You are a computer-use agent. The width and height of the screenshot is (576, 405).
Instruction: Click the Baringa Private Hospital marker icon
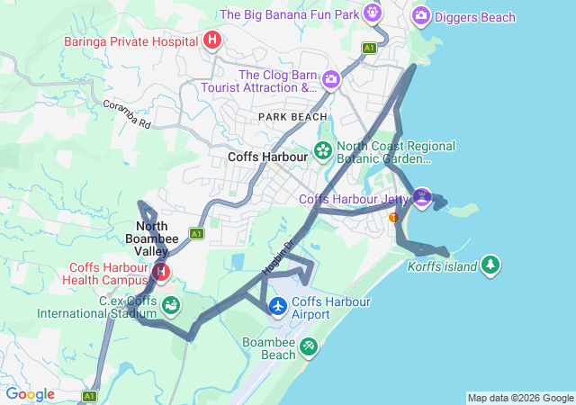[212, 40]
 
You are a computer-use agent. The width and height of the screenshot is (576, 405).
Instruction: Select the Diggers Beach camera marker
[420, 15]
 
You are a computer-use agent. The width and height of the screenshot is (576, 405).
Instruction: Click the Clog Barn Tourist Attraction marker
[330, 80]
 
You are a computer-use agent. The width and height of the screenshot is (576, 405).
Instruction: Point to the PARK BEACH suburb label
[292, 117]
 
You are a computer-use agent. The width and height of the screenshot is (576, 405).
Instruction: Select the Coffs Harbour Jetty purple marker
[423, 196]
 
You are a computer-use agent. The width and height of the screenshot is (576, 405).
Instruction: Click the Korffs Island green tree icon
[490, 265]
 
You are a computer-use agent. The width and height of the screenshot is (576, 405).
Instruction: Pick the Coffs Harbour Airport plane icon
[278, 308]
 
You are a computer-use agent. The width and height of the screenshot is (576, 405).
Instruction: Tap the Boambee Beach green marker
[309, 346]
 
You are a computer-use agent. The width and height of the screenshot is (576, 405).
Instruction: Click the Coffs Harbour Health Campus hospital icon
[161, 271]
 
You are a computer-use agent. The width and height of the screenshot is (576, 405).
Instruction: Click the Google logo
[30, 394]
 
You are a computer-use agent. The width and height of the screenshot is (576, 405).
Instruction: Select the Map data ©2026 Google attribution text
[520, 398]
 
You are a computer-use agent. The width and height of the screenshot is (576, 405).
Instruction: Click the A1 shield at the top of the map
[369, 47]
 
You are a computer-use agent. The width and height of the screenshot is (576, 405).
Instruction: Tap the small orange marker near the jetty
[392, 217]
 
